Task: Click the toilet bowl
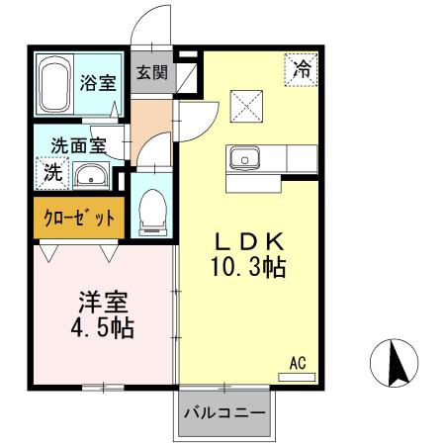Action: [x=152, y=211]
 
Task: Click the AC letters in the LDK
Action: [x=297, y=363]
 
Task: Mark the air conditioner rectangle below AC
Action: [x=297, y=377]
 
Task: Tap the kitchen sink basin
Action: [x=243, y=158]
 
